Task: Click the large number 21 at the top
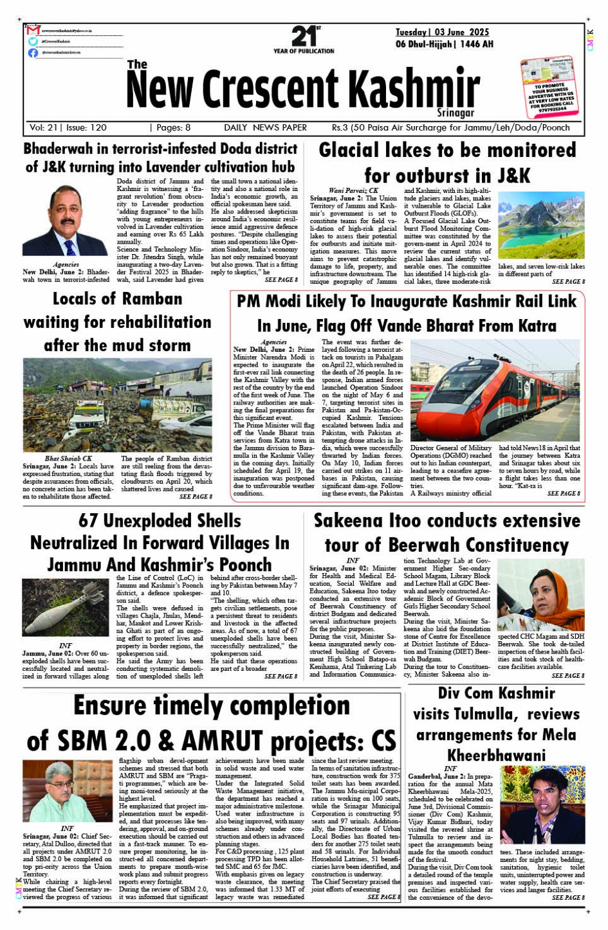[303, 36]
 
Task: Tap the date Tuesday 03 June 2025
[442, 32]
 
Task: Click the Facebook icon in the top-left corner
[33, 53]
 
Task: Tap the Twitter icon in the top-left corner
[33, 41]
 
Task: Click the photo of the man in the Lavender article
[65, 221]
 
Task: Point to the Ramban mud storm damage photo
[117, 405]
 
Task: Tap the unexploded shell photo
[65, 608]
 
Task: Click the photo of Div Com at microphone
[552, 804]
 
